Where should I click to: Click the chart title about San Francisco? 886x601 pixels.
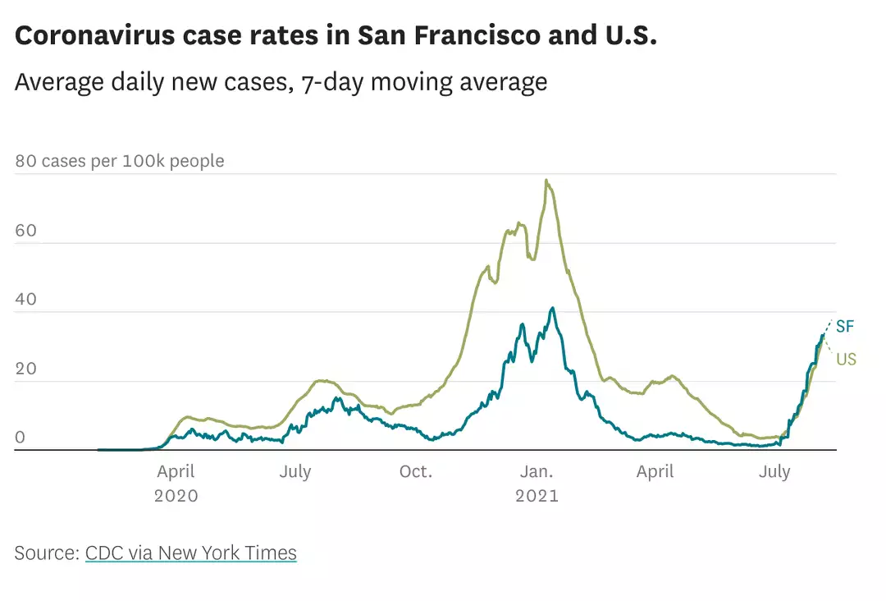[336, 36]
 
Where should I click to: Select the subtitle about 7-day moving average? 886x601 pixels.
[281, 82]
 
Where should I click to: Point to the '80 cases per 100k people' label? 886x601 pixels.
[120, 161]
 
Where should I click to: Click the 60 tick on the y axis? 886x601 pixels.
[26, 230]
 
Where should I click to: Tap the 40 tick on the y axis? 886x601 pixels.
[26, 299]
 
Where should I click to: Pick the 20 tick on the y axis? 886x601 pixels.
[26, 368]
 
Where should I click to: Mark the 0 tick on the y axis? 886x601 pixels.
[21, 437]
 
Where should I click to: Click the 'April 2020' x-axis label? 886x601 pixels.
[176, 484]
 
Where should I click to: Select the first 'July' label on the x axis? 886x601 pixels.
[295, 472]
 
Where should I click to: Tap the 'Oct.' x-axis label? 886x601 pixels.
[416, 472]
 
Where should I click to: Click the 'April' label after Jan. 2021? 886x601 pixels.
[655, 472]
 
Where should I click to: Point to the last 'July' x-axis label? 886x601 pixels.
[774, 472]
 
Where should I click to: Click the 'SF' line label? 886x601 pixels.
[845, 327]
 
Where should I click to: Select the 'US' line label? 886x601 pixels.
[847, 359]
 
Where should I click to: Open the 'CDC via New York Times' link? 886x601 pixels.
[191, 553]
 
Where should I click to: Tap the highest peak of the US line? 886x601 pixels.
[546, 181]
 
